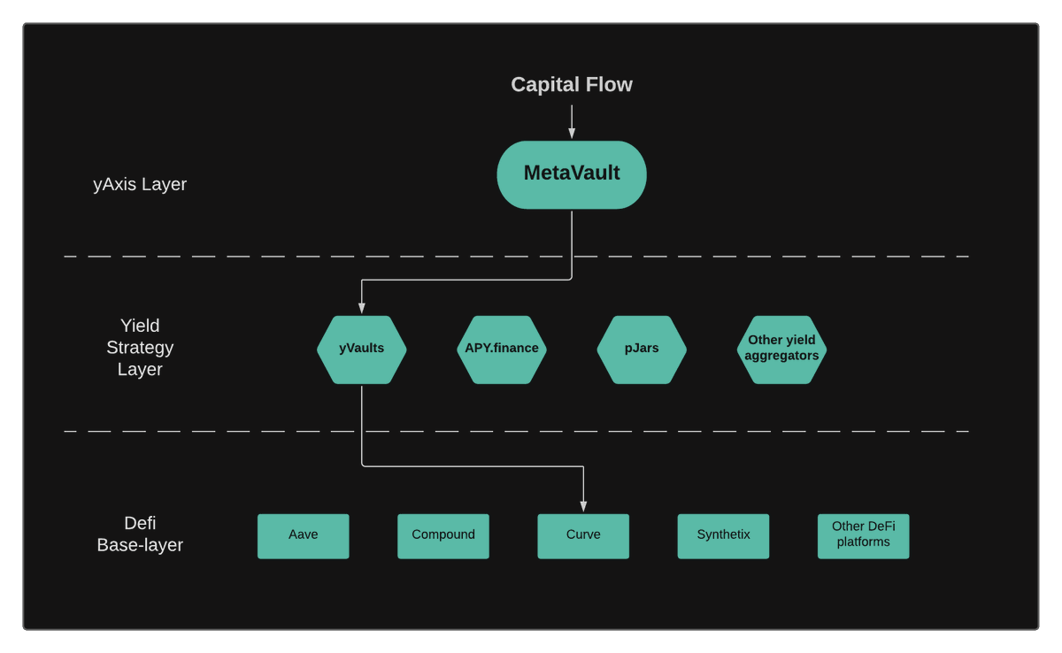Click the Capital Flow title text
coord(572,85)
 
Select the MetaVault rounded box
coord(572,174)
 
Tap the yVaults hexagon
coord(362,349)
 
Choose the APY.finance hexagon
coord(502,349)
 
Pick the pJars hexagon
coord(642,349)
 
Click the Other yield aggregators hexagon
coord(781,349)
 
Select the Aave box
coord(304,535)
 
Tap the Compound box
coord(443,535)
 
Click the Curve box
coord(583,535)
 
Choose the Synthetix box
coord(723,535)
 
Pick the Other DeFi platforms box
coord(863,535)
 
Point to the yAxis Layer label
coord(140,185)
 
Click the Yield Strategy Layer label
coord(140,348)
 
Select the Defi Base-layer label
coord(140,534)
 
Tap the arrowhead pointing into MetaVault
coord(572,134)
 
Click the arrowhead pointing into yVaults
coord(362,308)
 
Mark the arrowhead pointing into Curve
coord(583,506)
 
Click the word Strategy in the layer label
coord(140,348)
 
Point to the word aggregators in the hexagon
coord(781,356)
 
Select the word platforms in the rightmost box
coord(863,542)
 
